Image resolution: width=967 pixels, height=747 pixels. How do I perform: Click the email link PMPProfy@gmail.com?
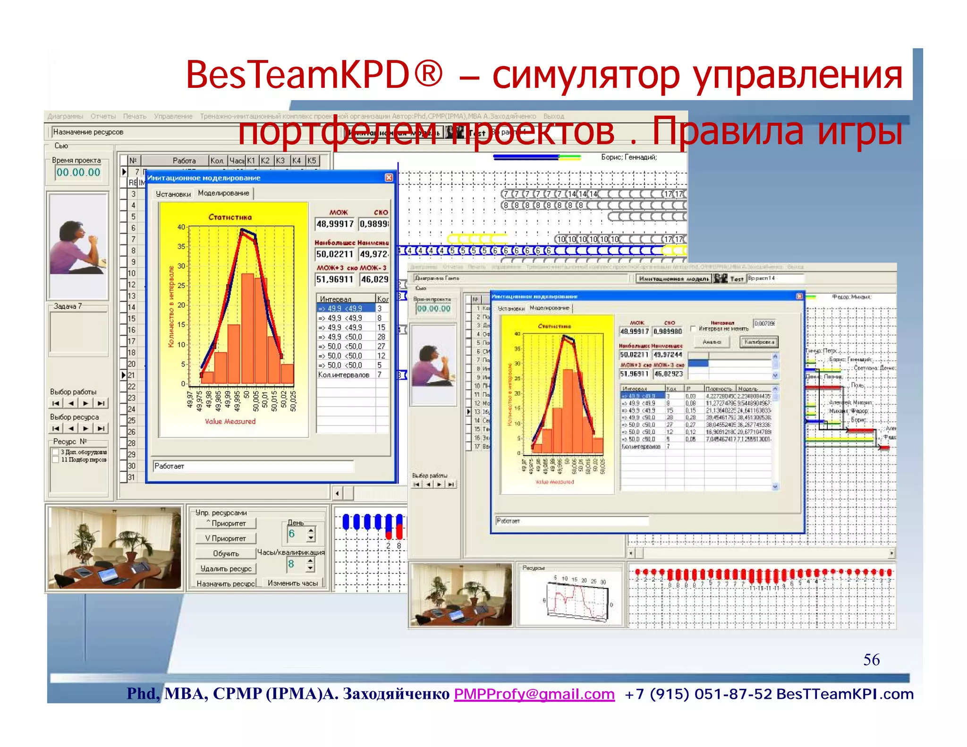tap(534, 694)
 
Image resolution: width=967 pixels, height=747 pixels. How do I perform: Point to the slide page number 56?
tap(871, 659)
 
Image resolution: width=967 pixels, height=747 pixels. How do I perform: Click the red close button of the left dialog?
tap(389, 178)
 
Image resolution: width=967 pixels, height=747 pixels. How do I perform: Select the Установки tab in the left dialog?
tap(173, 194)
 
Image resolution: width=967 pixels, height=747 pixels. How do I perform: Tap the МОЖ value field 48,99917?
tap(335, 224)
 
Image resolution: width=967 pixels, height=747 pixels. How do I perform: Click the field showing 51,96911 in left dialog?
tap(335, 279)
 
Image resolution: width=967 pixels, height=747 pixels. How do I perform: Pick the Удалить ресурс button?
tap(226, 569)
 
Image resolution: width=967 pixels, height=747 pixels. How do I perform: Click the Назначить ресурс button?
tap(226, 584)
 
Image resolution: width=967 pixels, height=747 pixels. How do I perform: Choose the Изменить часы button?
tap(293, 583)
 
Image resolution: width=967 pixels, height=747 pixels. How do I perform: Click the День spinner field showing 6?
tap(296, 534)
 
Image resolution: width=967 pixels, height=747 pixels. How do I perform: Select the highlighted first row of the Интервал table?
tap(346, 308)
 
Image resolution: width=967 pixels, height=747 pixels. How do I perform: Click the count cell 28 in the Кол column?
tap(381, 337)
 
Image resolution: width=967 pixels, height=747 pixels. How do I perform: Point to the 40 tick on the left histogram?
tap(181, 227)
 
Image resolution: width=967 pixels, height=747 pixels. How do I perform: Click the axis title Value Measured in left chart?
tap(230, 421)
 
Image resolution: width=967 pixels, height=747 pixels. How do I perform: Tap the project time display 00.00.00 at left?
tap(78, 172)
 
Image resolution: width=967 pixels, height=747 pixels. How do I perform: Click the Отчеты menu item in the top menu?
tap(103, 116)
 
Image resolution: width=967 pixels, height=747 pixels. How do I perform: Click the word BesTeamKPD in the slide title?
tap(297, 75)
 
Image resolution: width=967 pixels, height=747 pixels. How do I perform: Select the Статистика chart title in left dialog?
tap(230, 217)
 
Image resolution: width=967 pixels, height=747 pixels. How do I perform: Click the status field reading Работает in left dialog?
tap(253, 466)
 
